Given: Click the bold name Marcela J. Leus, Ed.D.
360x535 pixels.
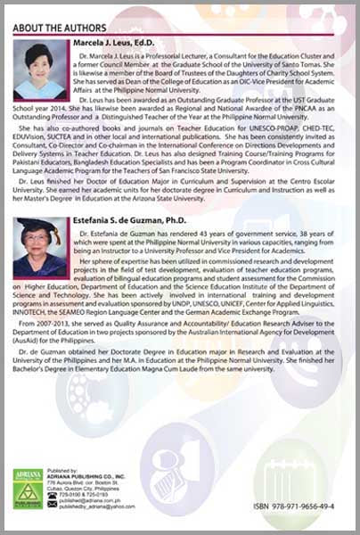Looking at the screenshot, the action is pyautogui.click(x=124, y=43).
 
